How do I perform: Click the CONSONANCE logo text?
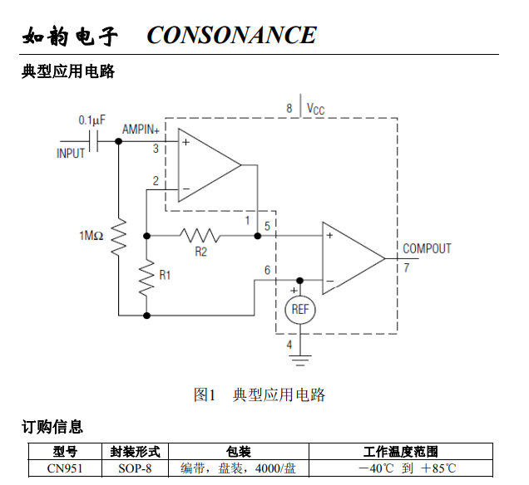(x=231, y=35)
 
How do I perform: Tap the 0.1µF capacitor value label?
(x=91, y=120)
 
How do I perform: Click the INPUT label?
(x=71, y=154)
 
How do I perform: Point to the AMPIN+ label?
(x=141, y=130)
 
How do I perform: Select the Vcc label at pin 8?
(x=315, y=109)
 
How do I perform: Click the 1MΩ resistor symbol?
(x=118, y=237)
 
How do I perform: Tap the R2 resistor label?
(x=200, y=252)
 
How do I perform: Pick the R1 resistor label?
(x=165, y=275)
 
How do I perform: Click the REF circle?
(x=300, y=310)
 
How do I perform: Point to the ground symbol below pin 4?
(x=300, y=360)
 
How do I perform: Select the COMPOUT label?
(x=427, y=248)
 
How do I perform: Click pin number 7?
(x=407, y=267)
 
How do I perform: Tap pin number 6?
(x=267, y=270)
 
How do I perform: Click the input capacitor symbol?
(x=94, y=141)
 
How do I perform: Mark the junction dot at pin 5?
(x=257, y=236)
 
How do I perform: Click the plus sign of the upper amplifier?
(x=185, y=142)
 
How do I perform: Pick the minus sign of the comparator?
(x=330, y=281)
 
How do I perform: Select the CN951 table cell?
(x=65, y=468)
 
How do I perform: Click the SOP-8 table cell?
(x=135, y=468)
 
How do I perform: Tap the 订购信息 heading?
(x=52, y=427)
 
